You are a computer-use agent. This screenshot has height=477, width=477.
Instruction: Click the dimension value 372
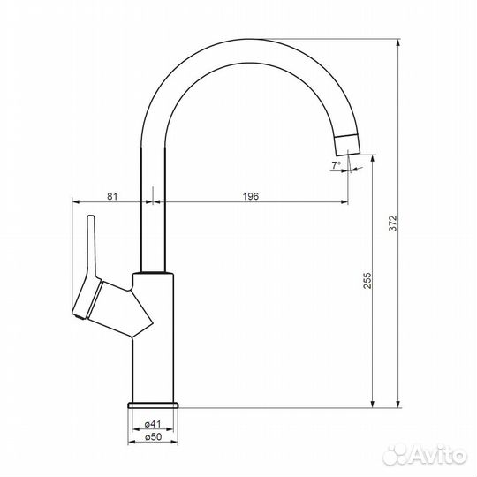tap(393, 223)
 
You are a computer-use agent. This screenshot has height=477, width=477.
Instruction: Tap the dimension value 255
tap(367, 280)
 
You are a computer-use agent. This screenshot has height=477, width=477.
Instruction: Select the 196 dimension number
tap(251, 196)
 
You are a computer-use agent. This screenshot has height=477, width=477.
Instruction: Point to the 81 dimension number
tap(112, 196)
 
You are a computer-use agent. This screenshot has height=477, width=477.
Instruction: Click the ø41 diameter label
tap(153, 424)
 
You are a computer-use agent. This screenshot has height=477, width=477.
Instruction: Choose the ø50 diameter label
tap(153, 437)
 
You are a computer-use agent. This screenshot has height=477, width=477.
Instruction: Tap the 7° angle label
tap(336, 165)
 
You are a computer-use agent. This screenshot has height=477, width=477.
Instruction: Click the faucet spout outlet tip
tap(349, 155)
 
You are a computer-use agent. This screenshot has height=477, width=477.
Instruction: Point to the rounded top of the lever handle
tap(91, 216)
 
